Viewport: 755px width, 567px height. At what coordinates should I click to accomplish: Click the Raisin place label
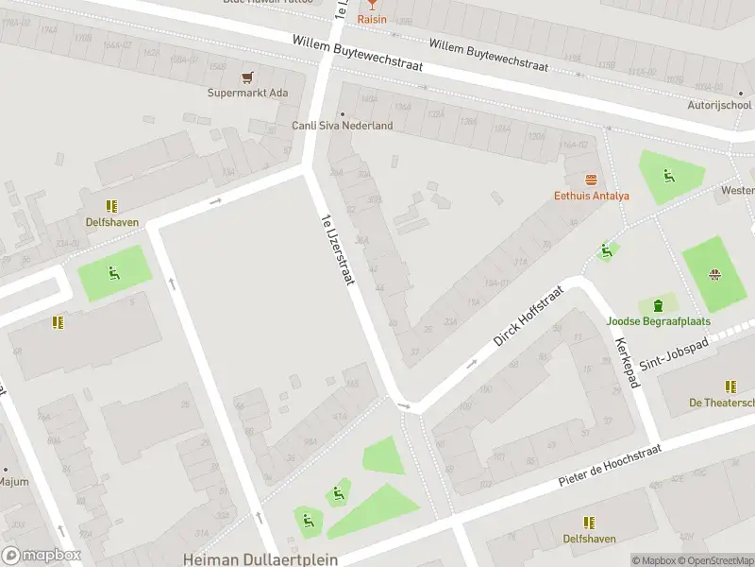tap(372, 19)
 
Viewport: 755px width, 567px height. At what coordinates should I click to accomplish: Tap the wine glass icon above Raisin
tap(372, 4)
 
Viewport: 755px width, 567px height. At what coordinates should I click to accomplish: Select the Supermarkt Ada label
tap(248, 93)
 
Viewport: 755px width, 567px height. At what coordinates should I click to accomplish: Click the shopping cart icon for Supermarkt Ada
tap(248, 77)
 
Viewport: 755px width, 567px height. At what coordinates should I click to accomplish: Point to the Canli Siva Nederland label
tap(342, 126)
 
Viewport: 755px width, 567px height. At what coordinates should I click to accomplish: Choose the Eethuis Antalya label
tap(592, 196)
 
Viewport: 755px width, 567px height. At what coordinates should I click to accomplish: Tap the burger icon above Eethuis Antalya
tap(592, 180)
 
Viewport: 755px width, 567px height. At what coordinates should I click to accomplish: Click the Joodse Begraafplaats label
tap(658, 321)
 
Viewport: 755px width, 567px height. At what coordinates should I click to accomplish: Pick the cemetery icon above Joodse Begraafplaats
tap(658, 304)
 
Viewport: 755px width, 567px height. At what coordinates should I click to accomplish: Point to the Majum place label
tap(14, 482)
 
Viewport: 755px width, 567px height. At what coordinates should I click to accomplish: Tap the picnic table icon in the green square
tap(715, 275)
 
